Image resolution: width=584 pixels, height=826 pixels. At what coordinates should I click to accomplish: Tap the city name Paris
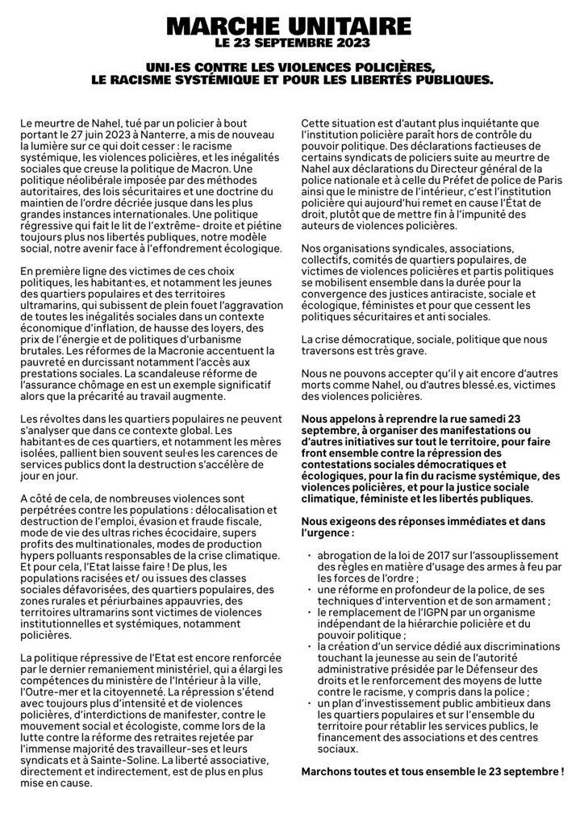click(x=547, y=179)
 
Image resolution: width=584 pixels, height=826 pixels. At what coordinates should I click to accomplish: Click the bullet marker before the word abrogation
click(x=311, y=557)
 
